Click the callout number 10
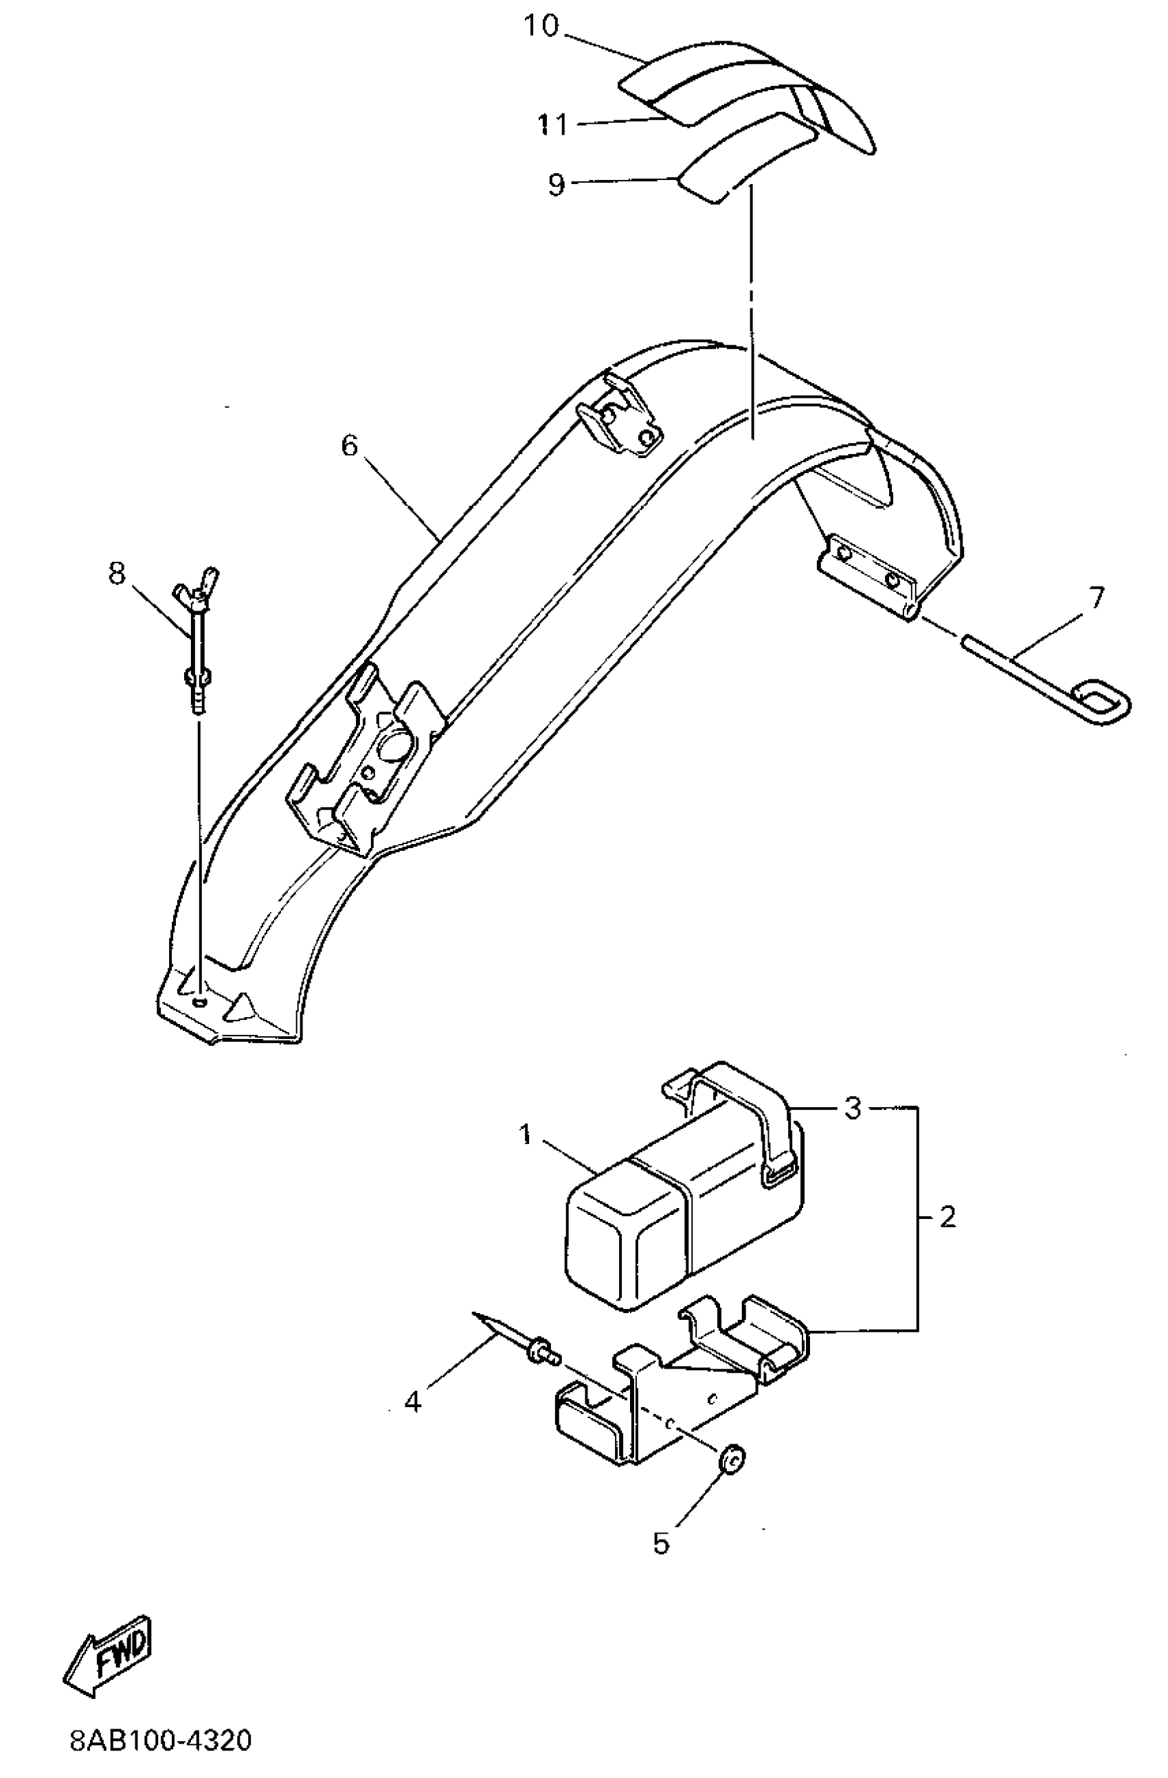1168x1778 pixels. pyautogui.click(x=540, y=27)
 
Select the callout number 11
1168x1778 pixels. pyautogui.click(x=553, y=124)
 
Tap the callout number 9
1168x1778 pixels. pyautogui.click(x=556, y=185)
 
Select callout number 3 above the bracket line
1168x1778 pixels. pyautogui.click(x=853, y=1108)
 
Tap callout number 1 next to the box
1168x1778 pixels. pyautogui.click(x=526, y=1135)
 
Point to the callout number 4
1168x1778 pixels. pyautogui.click(x=412, y=1402)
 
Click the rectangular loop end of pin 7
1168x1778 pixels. pyautogui.click(x=1101, y=701)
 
